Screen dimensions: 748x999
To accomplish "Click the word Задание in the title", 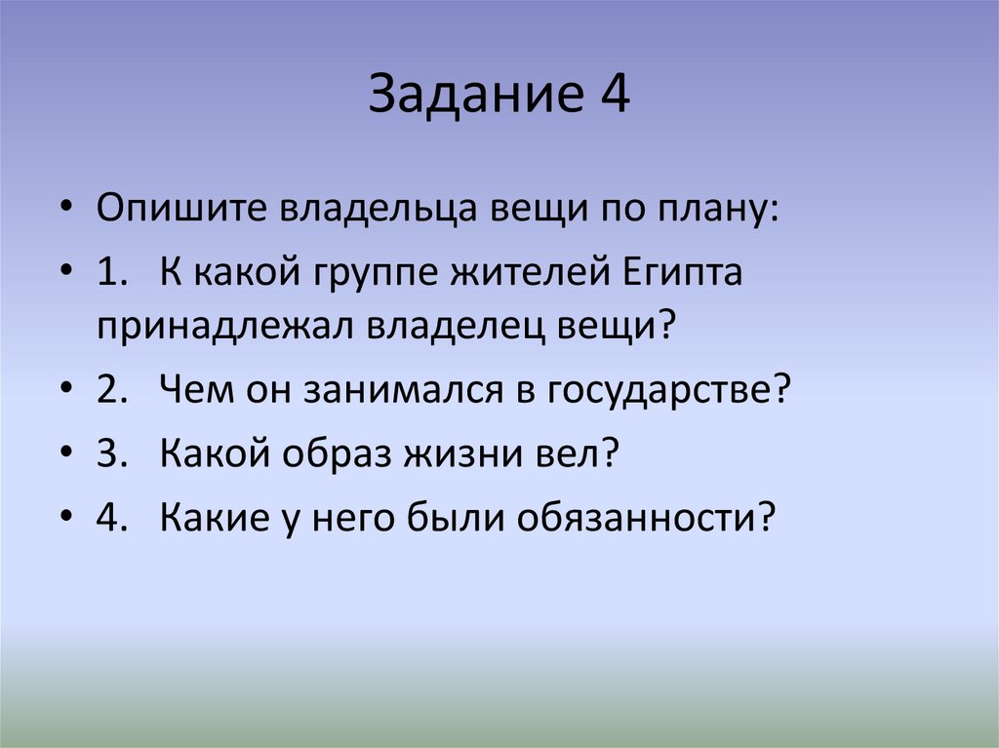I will pyautogui.click(x=466, y=97).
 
